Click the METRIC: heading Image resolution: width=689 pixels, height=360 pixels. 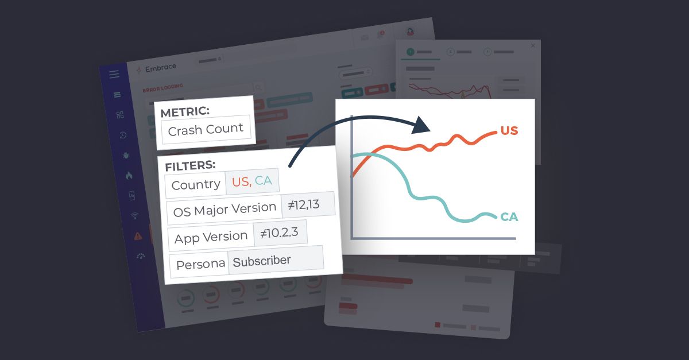pos(185,113)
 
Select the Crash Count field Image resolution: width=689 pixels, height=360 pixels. pos(206,129)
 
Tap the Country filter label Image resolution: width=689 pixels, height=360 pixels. pos(196,184)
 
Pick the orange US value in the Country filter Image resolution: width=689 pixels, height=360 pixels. pos(241,182)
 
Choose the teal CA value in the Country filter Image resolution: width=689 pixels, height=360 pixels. pos(264,181)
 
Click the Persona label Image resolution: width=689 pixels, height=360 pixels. pos(200,265)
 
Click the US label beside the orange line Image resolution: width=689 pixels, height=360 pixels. pos(509,131)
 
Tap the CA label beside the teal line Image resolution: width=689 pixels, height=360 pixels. pos(509,217)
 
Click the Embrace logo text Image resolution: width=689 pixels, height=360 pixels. pos(161,68)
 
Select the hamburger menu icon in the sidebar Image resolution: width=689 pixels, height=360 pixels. pos(114,74)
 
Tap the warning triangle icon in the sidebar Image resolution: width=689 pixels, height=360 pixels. pos(138,235)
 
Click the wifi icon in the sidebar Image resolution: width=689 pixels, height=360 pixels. pos(135,216)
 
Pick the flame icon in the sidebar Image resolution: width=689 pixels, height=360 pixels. pos(129,176)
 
